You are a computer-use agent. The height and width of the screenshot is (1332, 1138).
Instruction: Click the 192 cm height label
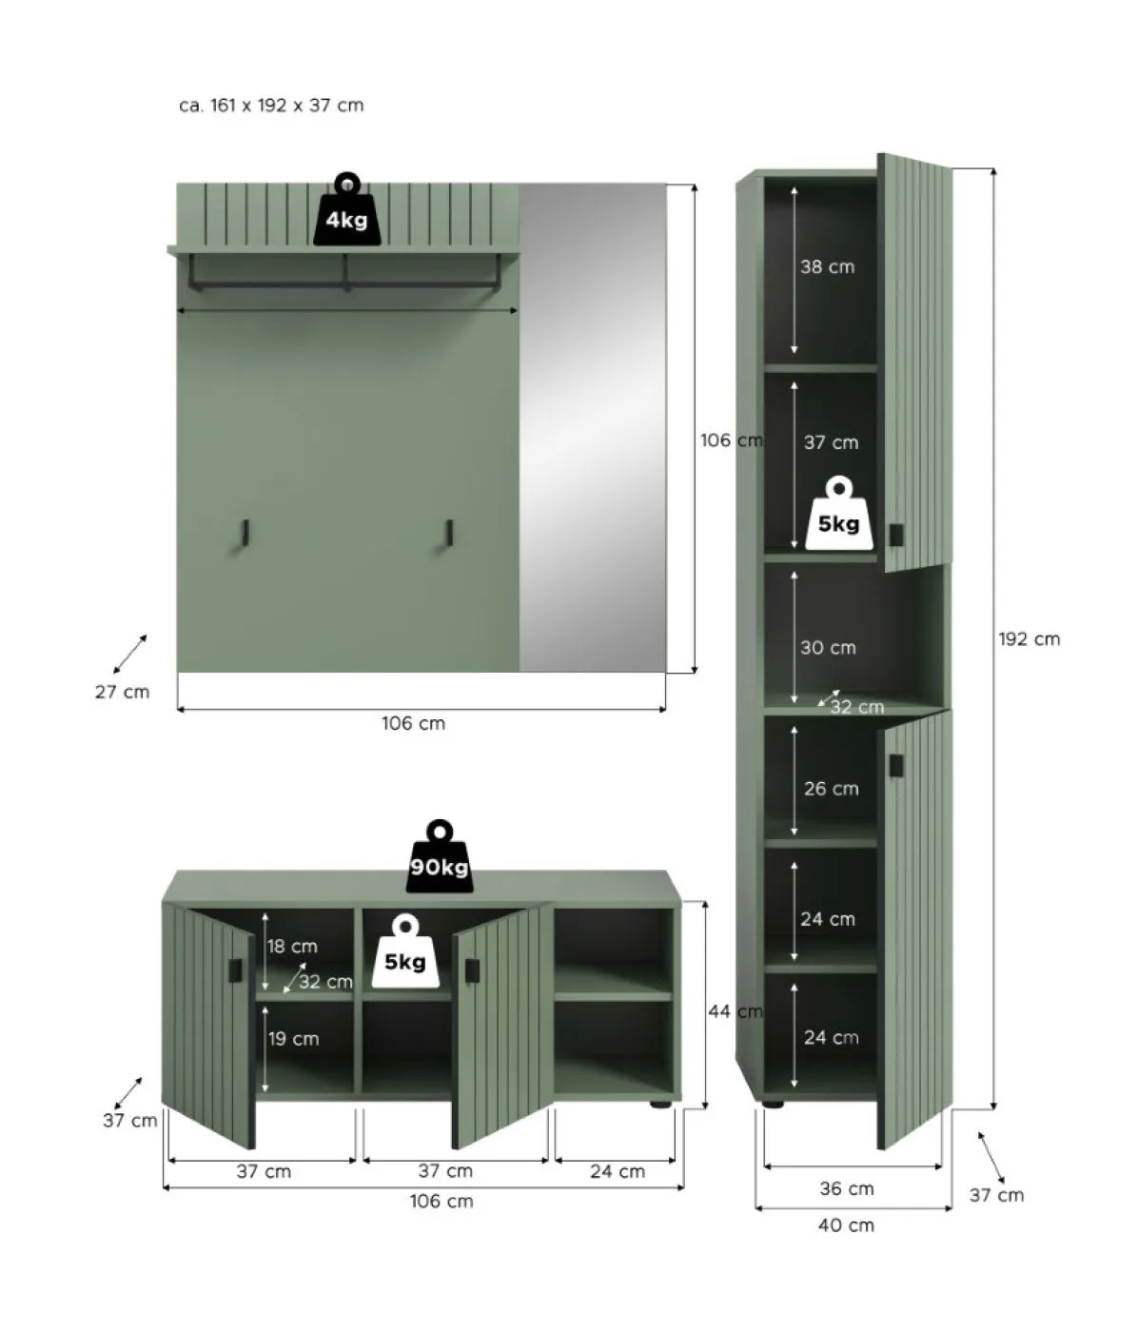click(1029, 639)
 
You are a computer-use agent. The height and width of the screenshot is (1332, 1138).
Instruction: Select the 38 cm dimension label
click(827, 267)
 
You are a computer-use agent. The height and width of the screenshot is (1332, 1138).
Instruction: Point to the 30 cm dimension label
click(828, 648)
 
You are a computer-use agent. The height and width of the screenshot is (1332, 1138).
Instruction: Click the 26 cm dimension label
click(831, 789)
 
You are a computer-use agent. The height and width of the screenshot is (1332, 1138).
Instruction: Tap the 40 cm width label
click(846, 1225)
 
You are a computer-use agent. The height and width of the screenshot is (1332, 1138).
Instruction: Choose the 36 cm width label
click(846, 1188)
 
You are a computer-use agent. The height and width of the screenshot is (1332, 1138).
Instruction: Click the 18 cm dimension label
click(292, 947)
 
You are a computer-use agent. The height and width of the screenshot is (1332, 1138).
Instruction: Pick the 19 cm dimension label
click(293, 1039)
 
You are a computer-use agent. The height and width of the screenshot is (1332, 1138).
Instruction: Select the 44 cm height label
click(735, 1011)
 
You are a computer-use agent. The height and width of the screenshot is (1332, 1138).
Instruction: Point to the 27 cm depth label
click(122, 692)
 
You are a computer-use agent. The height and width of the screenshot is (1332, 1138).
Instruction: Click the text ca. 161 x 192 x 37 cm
click(271, 106)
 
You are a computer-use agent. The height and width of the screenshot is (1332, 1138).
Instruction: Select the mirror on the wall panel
click(592, 428)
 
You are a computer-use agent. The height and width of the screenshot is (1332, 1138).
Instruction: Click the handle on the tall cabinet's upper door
click(895, 535)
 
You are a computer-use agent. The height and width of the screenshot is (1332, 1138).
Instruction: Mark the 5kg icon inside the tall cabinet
click(838, 517)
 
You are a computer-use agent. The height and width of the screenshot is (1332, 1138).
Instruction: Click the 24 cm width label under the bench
click(617, 1172)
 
